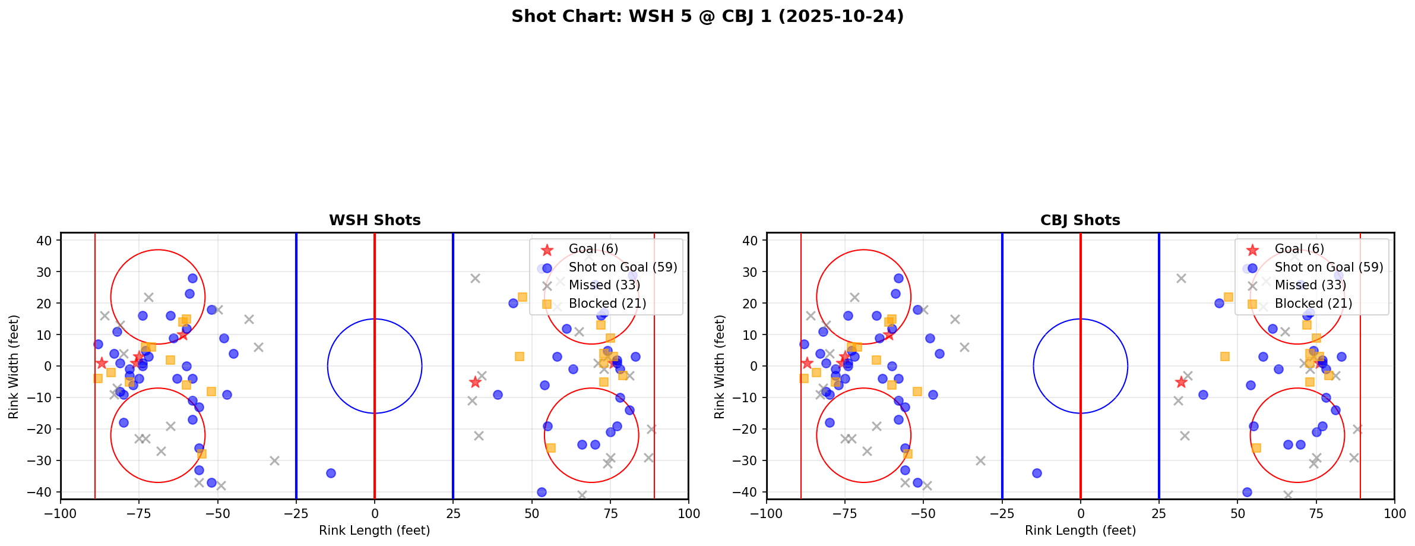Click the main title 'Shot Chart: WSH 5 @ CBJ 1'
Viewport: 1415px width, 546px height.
707,17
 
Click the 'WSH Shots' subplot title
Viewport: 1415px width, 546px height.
375,220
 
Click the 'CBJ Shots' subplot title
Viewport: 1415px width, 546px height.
1080,220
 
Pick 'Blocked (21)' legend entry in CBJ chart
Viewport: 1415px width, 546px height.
1313,304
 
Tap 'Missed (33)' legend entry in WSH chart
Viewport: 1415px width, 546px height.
604,285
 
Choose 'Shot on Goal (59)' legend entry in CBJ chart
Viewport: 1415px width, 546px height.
1329,267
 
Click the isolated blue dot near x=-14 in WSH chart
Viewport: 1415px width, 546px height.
331,473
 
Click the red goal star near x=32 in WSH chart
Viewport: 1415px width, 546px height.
475,382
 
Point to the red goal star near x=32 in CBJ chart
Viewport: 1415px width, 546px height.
1181,382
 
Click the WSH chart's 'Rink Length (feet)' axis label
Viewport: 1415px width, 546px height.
375,531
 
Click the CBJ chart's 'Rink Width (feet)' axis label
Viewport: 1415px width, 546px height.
720,367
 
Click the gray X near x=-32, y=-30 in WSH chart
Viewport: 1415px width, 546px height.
274,460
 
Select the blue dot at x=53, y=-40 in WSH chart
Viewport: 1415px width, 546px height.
542,492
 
